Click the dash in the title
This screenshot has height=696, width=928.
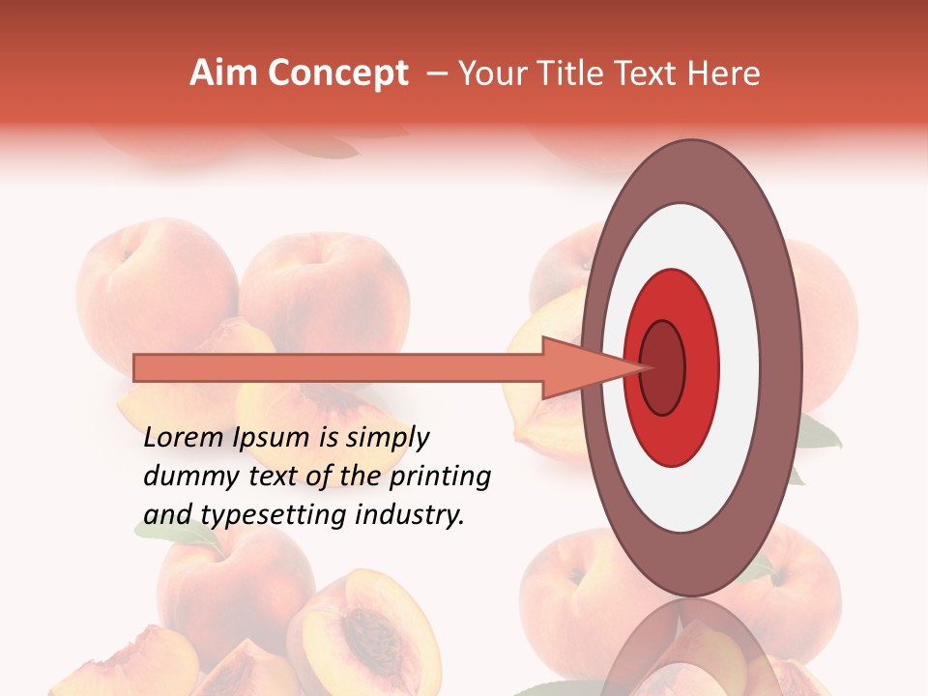pyautogui.click(x=436, y=74)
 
